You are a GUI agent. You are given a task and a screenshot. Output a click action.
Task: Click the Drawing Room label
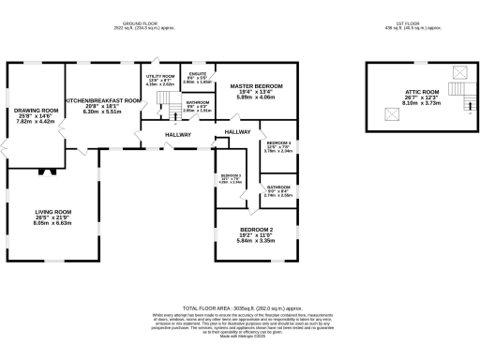37,111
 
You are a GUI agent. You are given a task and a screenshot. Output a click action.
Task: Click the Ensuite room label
197,74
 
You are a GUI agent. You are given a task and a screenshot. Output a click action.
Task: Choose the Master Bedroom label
256,86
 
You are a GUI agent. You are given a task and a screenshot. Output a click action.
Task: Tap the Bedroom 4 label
278,142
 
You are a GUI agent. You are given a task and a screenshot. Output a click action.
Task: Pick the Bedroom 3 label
232,176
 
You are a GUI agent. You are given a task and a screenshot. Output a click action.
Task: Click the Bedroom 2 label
256,230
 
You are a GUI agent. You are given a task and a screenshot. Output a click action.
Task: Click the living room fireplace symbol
44,171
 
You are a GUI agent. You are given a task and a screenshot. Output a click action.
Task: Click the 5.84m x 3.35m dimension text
256,241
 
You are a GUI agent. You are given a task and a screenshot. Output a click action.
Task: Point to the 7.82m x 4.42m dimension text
37,122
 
